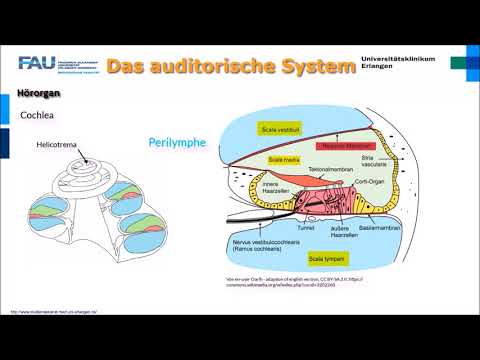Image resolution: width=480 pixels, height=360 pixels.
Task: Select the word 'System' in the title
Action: [x=321, y=67]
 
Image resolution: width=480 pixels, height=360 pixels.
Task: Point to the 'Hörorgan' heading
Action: [x=39, y=94]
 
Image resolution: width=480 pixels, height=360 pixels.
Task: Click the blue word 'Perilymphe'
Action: [x=177, y=142]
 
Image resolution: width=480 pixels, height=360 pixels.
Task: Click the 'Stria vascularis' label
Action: [x=374, y=161]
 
